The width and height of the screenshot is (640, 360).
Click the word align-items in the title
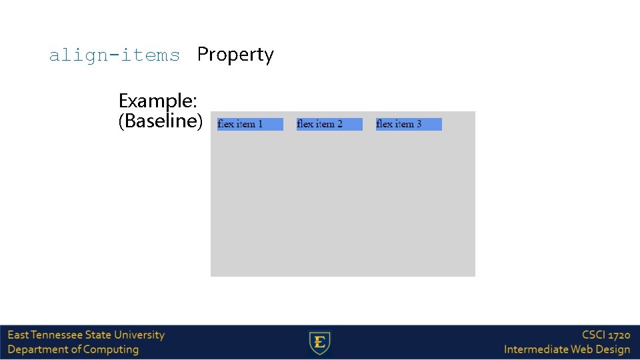click(x=114, y=55)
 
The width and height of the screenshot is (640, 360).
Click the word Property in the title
click(x=235, y=55)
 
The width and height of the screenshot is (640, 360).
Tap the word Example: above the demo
click(x=157, y=101)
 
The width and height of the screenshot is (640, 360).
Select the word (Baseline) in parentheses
click(x=160, y=121)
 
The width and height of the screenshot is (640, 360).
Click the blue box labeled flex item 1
click(x=250, y=124)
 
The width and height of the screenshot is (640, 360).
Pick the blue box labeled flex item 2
click(x=329, y=124)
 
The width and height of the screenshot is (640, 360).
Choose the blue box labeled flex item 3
click(x=409, y=124)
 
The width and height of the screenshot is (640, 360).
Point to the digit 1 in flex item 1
click(x=260, y=124)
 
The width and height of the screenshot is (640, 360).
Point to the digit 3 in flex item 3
click(x=419, y=124)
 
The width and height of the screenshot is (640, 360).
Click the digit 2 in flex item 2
click(x=339, y=124)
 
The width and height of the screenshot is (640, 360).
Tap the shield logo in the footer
click(x=320, y=343)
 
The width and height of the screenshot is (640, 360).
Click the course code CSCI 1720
click(x=605, y=335)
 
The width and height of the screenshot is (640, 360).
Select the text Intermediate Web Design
click(x=567, y=349)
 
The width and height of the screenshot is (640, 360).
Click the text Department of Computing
click(x=73, y=349)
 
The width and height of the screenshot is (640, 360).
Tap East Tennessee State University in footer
click(x=86, y=335)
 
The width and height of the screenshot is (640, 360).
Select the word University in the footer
click(x=139, y=335)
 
